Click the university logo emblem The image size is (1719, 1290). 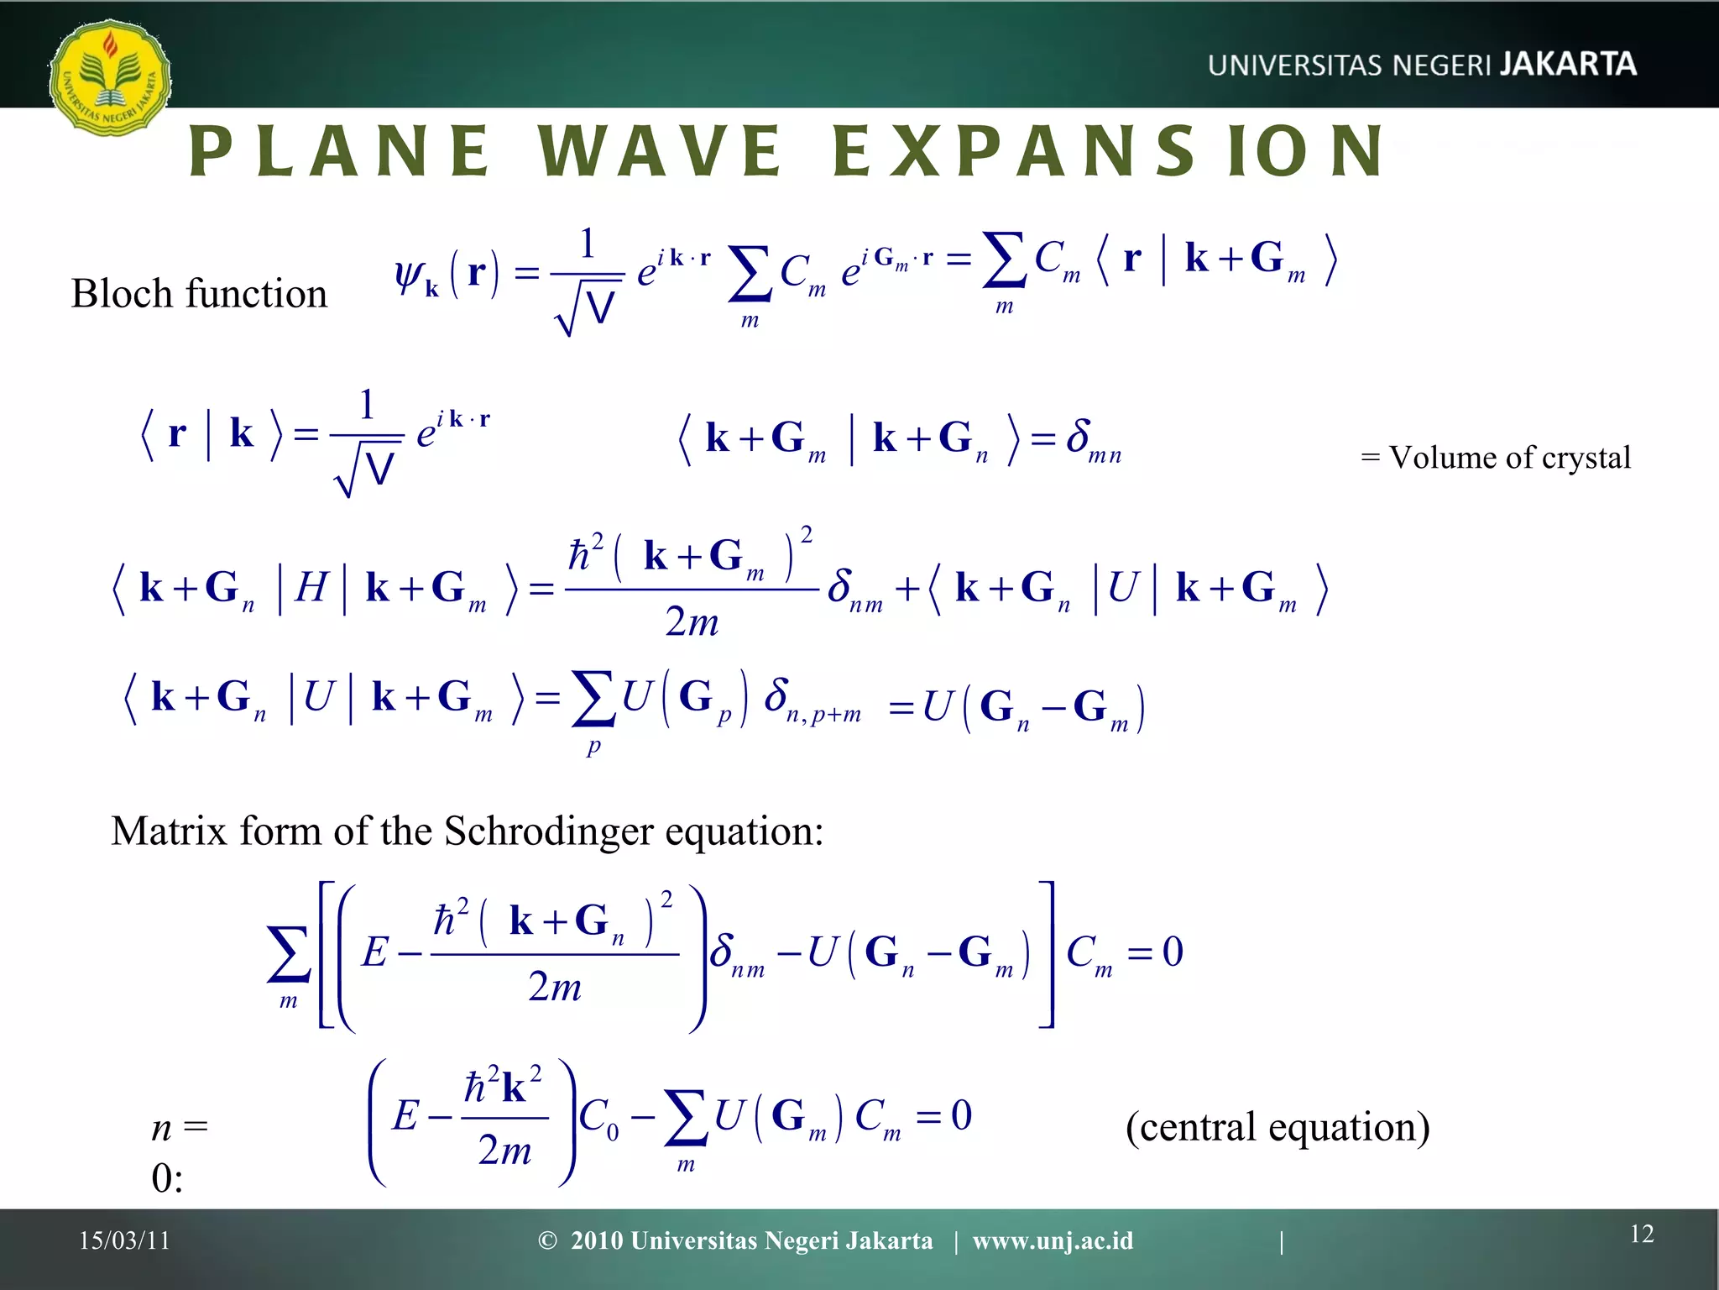[x=109, y=77]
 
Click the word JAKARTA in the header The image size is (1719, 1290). [x=1568, y=65]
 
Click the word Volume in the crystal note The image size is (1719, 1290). [x=1441, y=458]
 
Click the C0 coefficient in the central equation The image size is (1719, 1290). [x=598, y=1118]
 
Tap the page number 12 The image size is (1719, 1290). [x=1642, y=1234]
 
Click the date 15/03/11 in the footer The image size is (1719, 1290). [x=124, y=1240]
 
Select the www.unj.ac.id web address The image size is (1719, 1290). [x=1053, y=1240]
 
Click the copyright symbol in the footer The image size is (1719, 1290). [x=547, y=1240]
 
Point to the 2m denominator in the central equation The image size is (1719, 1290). [x=504, y=1150]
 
